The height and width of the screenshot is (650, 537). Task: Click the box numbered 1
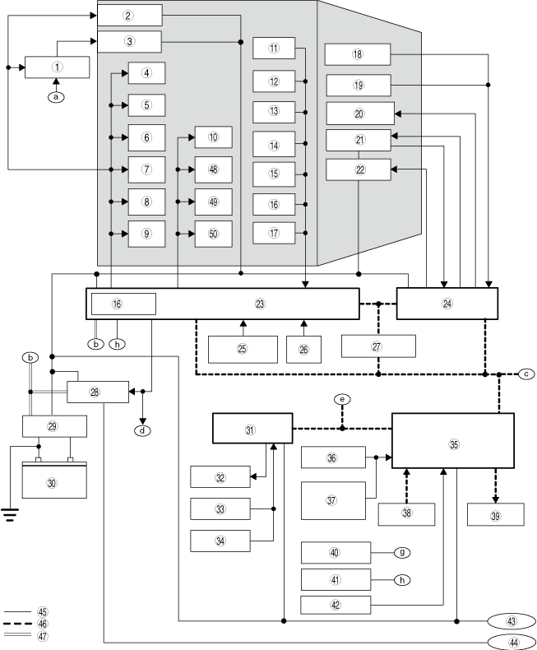(57, 67)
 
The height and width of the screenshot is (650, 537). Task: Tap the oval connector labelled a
(56, 95)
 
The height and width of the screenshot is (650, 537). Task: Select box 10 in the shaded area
(213, 137)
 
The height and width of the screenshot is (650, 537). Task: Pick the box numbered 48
(213, 169)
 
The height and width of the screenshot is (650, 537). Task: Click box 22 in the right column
(359, 169)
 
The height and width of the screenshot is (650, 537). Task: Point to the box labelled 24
(447, 303)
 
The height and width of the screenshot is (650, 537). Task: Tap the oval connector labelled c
(525, 374)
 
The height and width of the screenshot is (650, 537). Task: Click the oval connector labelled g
(402, 553)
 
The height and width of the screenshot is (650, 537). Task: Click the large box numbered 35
(452, 444)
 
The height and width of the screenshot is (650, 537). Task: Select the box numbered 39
(494, 514)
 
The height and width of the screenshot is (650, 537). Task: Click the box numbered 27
(377, 346)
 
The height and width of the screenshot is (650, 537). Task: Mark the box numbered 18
(357, 54)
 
